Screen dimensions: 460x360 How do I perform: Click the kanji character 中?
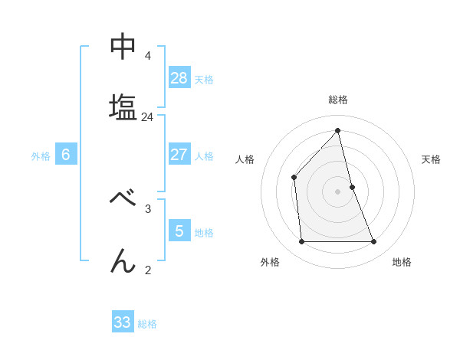point(123,47)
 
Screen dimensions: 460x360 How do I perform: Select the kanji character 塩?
point(123,106)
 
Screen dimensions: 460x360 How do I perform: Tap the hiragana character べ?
point(123,198)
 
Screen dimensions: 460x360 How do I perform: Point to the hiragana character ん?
point(123,261)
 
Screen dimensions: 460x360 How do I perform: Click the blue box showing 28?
point(179,77)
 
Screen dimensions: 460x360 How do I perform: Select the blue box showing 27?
point(179,155)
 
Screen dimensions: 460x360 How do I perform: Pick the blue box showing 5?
point(179,231)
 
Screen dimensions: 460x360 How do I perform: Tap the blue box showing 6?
point(66,155)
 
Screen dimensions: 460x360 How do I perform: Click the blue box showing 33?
point(123,322)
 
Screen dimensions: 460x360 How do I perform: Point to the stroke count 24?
point(147,117)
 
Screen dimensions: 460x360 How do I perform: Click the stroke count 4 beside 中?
point(147,56)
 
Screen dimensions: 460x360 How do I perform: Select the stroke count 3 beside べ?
point(147,208)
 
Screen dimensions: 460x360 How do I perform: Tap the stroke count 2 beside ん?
point(147,270)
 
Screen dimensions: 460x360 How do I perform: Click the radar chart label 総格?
point(338,100)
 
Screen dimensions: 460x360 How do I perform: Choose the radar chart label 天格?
point(432,159)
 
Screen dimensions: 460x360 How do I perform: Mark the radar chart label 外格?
point(270,262)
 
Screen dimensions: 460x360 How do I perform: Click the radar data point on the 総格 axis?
point(338,130)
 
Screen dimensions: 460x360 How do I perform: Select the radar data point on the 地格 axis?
point(374,242)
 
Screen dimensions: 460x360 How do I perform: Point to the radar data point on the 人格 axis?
point(294,177)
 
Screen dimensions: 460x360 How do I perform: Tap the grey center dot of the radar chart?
point(338,191)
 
